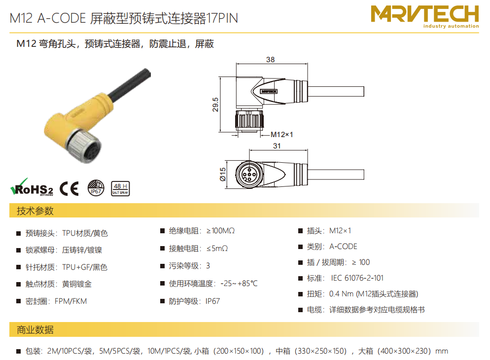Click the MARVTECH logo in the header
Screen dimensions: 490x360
coord(425,17)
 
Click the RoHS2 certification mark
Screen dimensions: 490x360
coord(32,187)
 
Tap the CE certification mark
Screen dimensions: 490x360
coord(69,188)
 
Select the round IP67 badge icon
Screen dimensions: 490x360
coord(96,188)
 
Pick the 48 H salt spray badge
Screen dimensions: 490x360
coord(120,188)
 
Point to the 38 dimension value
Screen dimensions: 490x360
coord(270,59)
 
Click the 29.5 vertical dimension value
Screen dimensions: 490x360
coord(215,105)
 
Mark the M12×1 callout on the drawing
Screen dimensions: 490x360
coord(281,135)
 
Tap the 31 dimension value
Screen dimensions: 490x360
coord(277,146)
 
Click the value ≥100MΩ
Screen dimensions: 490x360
coord(220,231)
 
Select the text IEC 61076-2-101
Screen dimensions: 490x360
coord(357,278)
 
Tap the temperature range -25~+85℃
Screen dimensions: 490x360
coord(239,284)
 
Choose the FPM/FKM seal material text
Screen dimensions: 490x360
coord(70,301)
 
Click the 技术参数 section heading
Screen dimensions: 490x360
coord(35,211)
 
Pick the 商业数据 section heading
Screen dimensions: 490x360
coord(35,330)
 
